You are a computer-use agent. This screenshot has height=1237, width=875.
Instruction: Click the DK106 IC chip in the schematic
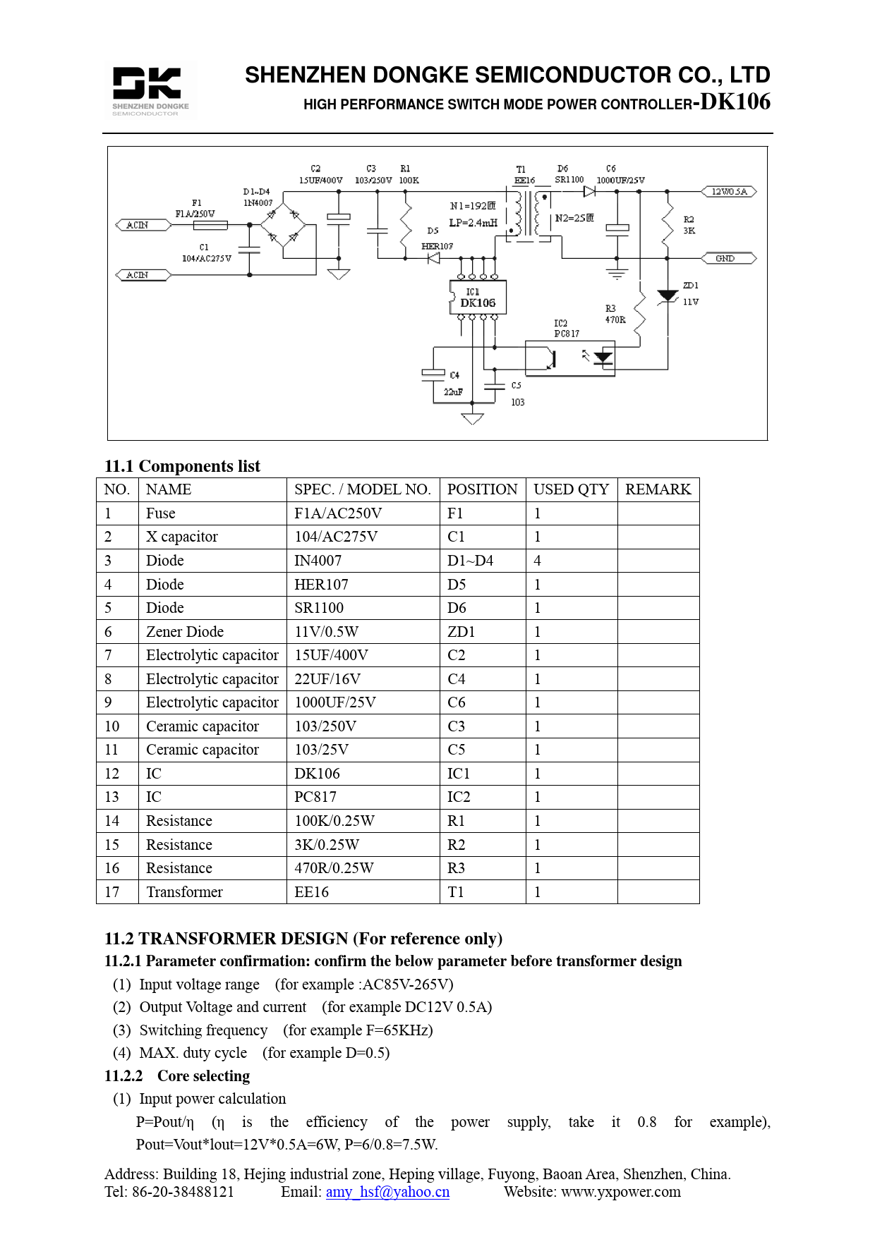tap(478, 298)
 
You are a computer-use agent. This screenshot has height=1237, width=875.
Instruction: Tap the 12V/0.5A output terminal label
tap(729, 192)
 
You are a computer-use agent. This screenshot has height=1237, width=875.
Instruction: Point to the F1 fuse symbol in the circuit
tap(210, 225)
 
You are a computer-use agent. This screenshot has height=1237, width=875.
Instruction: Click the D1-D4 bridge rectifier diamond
tap(283, 225)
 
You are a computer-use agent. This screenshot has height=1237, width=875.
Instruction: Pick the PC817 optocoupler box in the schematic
tap(569, 358)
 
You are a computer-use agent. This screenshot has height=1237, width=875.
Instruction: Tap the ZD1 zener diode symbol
tap(667, 296)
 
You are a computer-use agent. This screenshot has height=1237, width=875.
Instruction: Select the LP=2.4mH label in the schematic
tap(473, 223)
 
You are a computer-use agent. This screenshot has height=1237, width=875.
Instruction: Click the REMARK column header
tap(658, 489)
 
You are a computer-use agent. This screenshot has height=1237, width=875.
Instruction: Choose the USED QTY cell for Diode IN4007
tap(571, 561)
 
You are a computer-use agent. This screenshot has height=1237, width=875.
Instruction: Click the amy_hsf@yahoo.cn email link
tap(387, 1192)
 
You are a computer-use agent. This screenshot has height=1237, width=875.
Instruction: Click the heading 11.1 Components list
tap(182, 466)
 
